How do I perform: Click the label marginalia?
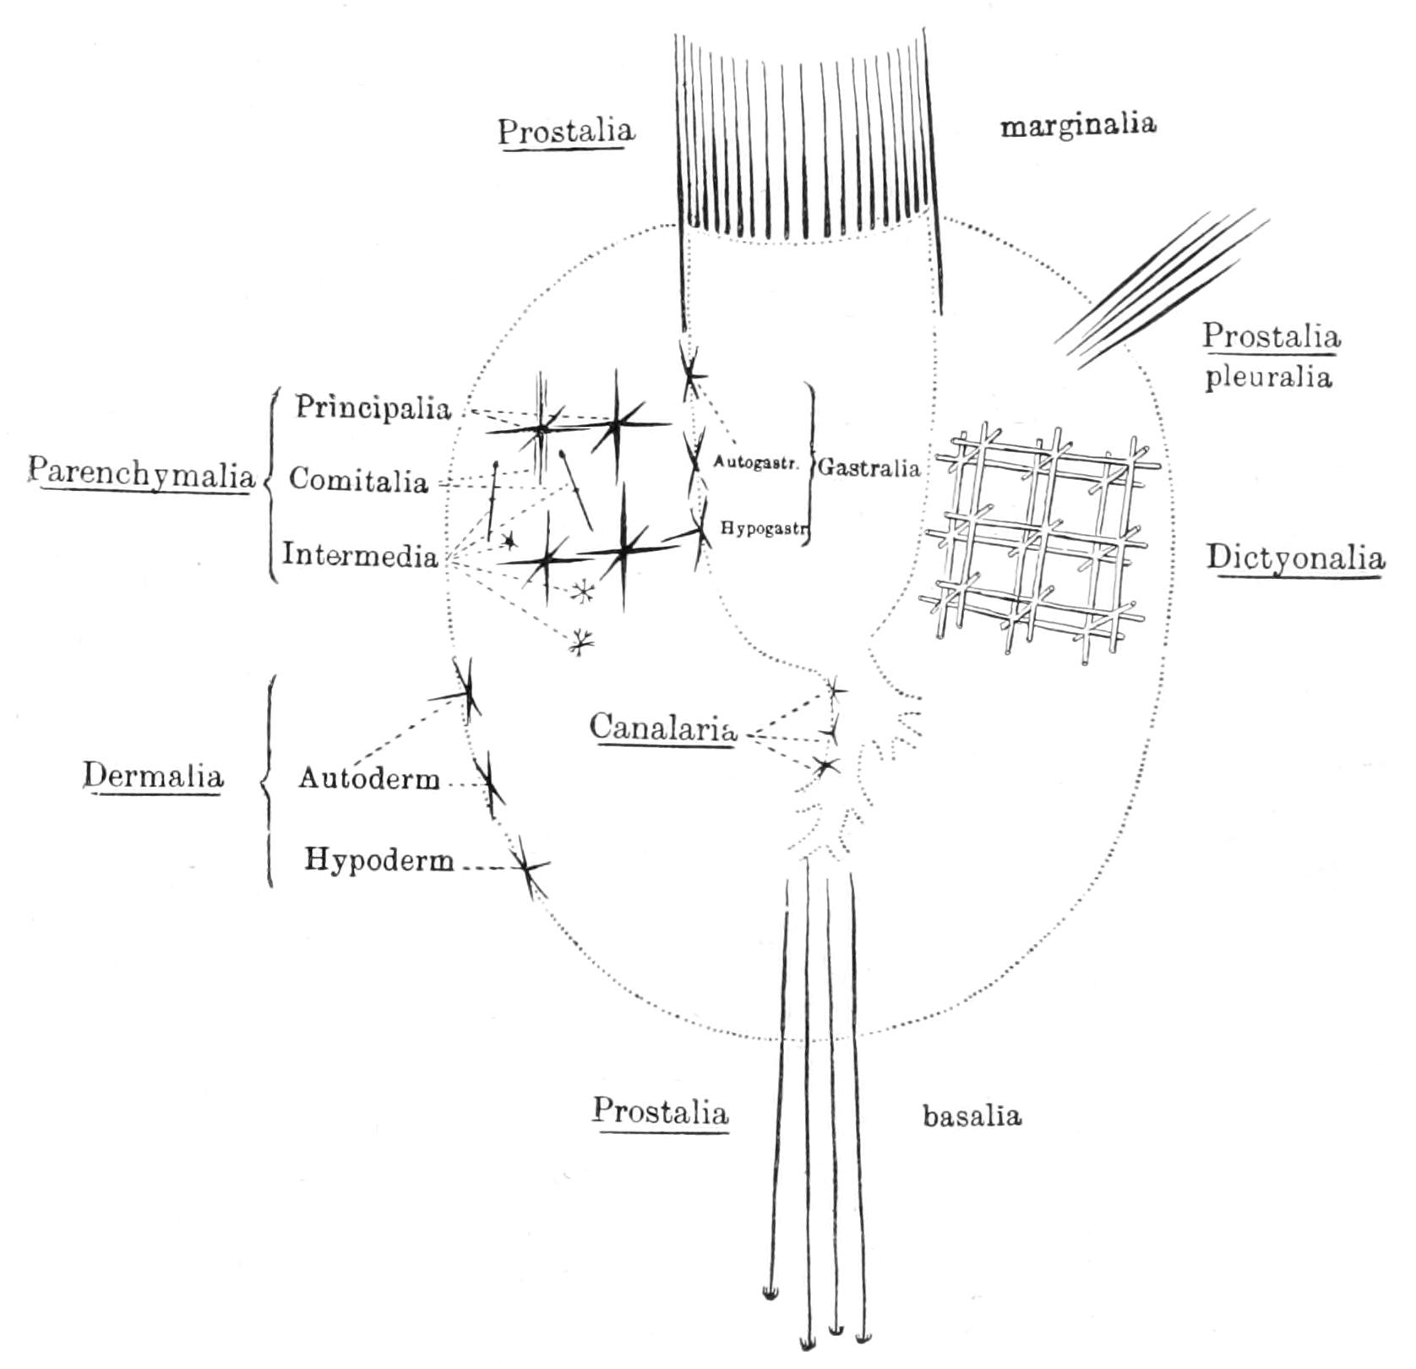tap(1078, 125)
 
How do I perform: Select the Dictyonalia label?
tap(1295, 559)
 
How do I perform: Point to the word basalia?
tap(972, 1115)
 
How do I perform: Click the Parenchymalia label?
tap(141, 475)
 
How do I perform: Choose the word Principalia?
tap(373, 408)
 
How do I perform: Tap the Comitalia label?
tap(358, 480)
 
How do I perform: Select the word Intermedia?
tap(360, 555)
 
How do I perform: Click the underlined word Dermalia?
tap(153, 776)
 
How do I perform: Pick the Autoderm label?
tap(369, 778)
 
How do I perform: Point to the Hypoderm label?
tap(379, 860)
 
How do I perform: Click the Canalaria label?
tap(662, 728)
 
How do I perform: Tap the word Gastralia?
tap(869, 467)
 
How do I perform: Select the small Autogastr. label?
tap(755, 462)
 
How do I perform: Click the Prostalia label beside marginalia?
tap(565, 132)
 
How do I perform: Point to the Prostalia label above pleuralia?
tap(1272, 336)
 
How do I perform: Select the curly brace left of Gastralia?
tap(809, 463)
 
